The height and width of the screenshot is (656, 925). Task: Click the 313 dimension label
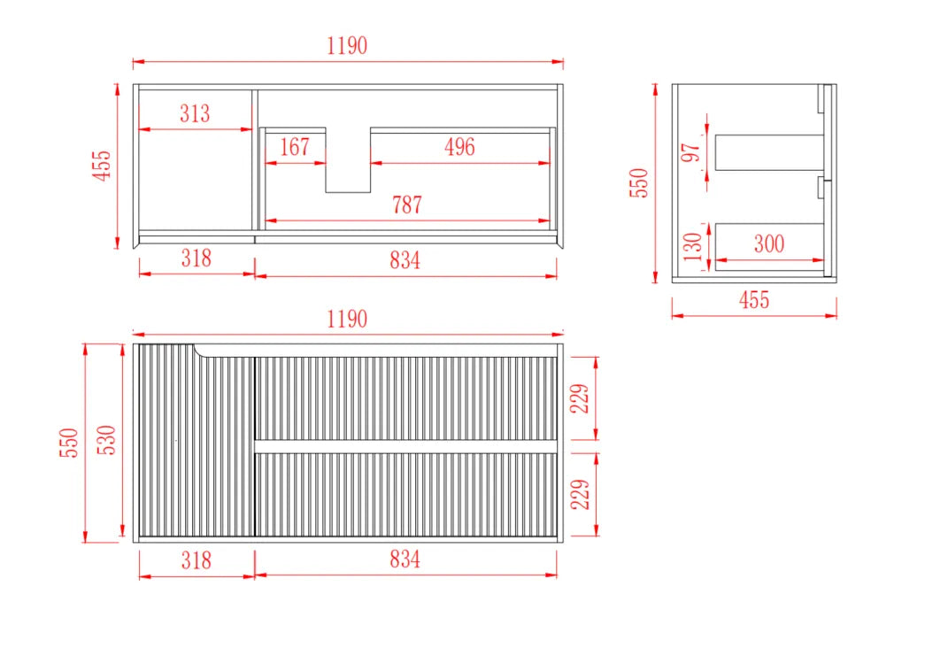tap(195, 113)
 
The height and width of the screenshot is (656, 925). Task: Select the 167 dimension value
tap(295, 147)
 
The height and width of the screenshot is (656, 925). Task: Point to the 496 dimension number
tap(459, 147)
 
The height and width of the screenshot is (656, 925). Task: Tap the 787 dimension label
tap(407, 205)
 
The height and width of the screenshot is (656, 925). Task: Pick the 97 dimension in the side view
tap(690, 152)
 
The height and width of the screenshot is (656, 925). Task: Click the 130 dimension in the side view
tap(692, 247)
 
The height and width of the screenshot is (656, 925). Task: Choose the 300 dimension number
tap(769, 243)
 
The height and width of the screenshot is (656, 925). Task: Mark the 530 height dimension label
tap(107, 439)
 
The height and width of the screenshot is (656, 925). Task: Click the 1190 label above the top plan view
tap(347, 45)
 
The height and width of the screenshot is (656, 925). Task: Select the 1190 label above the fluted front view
tap(347, 320)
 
